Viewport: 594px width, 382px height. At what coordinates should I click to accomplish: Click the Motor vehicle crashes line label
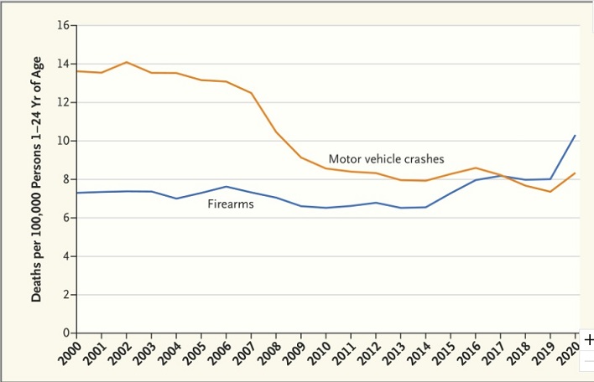click(386, 158)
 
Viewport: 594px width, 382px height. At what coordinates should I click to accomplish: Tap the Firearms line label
click(231, 204)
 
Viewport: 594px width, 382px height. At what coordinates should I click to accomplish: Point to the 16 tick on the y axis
click(62, 25)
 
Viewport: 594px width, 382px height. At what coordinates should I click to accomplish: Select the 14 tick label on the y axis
click(62, 64)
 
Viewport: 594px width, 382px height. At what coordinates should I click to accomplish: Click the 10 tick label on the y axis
click(62, 141)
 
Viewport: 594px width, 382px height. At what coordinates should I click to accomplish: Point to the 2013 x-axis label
click(393, 353)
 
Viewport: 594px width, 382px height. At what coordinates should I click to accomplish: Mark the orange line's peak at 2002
click(126, 62)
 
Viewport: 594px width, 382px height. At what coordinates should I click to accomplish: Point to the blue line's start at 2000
click(76, 193)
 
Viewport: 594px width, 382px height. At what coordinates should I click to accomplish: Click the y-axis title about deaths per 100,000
click(38, 179)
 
